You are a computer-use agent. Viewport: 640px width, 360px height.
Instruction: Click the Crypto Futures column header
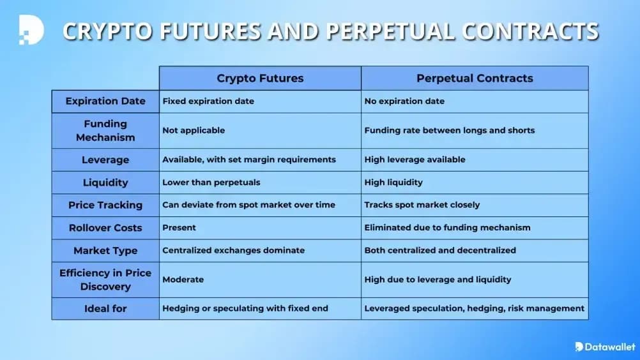[260, 79]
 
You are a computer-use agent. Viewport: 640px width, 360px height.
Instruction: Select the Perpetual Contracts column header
[475, 79]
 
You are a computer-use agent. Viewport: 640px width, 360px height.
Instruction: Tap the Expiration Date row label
[105, 101]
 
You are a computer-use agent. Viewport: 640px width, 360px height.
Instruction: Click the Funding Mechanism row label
[105, 130]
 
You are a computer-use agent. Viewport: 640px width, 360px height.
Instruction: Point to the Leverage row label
[105, 160]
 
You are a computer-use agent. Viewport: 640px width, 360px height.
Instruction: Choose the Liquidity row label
[105, 183]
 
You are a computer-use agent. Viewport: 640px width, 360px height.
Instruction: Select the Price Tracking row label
[105, 205]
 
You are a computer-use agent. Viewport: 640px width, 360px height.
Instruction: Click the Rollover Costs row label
[105, 228]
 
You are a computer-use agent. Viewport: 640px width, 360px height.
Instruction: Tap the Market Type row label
[105, 250]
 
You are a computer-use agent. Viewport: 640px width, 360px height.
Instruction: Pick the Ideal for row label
[105, 308]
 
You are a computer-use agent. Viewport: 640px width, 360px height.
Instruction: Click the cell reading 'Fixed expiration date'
[208, 101]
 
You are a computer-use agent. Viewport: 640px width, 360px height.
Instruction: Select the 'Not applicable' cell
[194, 130]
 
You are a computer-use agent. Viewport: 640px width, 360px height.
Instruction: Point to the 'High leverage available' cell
[415, 160]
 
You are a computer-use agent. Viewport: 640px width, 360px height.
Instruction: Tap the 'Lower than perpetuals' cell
[211, 183]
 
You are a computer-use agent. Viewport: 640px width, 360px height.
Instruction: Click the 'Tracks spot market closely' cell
[422, 205]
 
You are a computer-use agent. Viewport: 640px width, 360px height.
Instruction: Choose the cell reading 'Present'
[179, 228]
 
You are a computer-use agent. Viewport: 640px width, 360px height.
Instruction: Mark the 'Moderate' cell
[183, 280]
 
